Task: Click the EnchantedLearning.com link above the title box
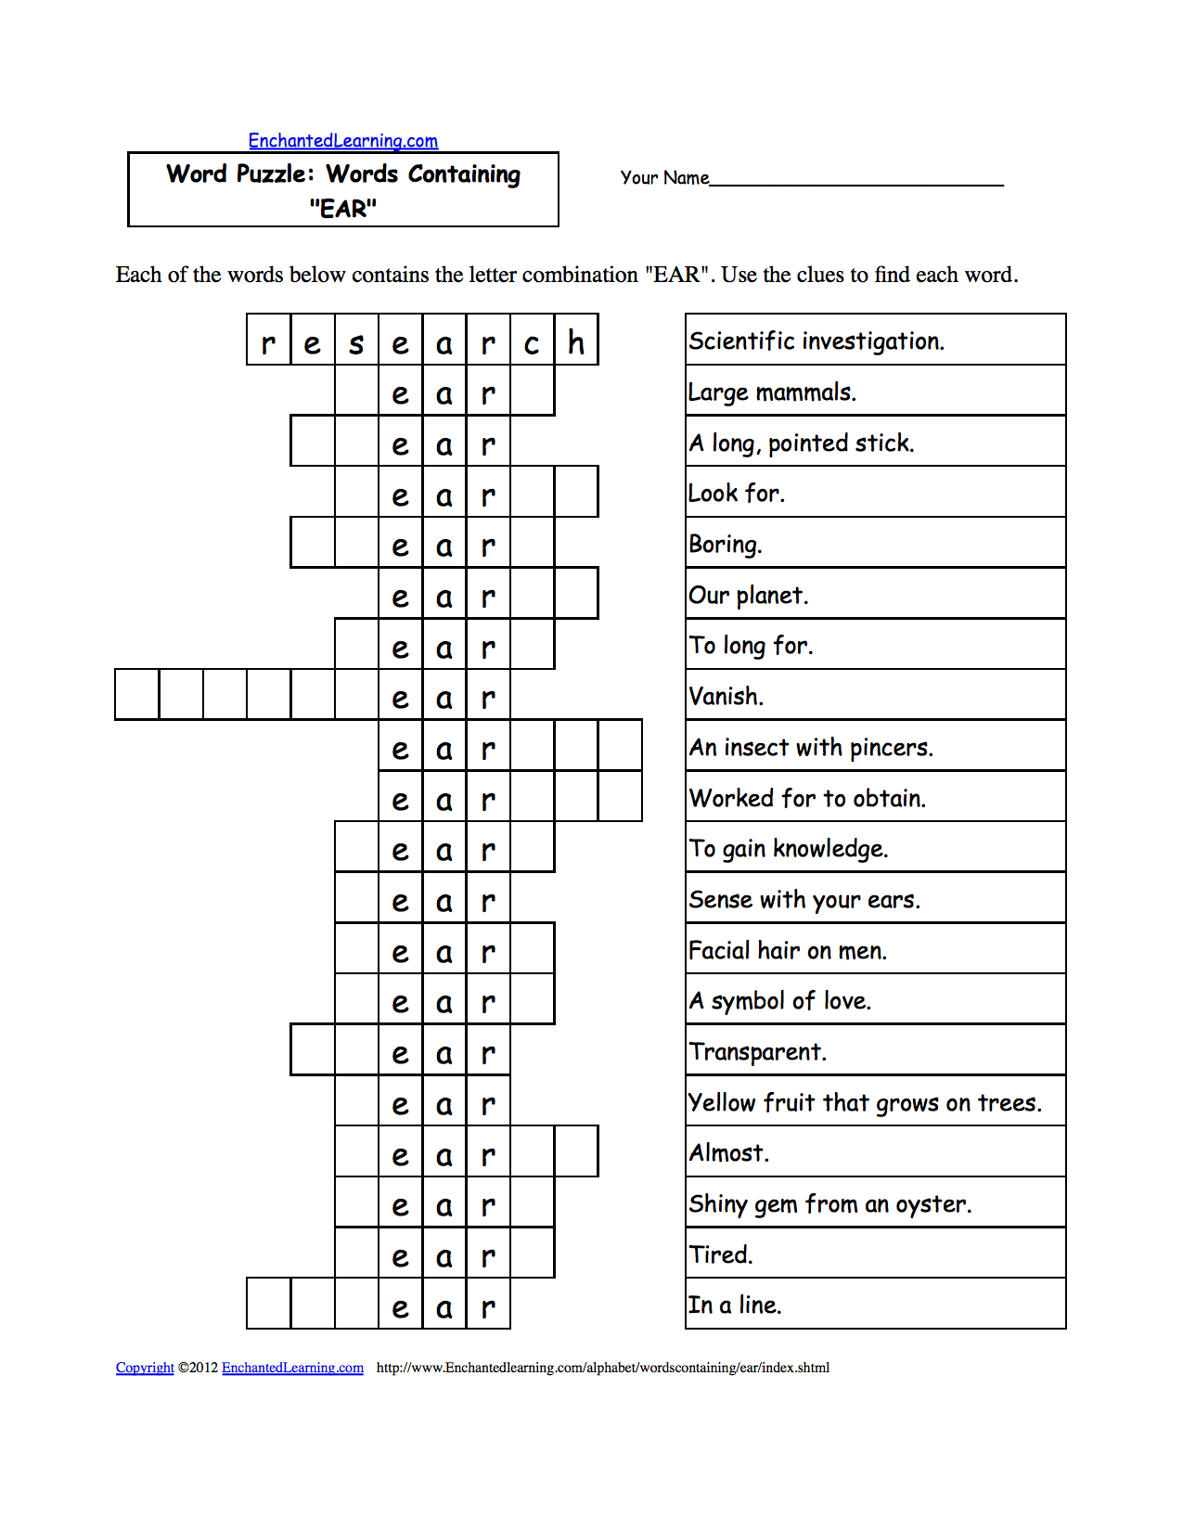click(342, 141)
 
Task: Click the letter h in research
click(576, 341)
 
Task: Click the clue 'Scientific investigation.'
click(817, 341)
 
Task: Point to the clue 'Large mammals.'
click(772, 392)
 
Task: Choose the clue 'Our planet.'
click(748, 595)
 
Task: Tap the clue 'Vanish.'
click(726, 697)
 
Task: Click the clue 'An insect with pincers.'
click(811, 747)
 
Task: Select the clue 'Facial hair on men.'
click(788, 950)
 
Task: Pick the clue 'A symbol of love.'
click(780, 1001)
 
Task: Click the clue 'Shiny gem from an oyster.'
click(830, 1204)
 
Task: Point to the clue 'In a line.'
click(735, 1305)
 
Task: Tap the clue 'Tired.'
click(721, 1254)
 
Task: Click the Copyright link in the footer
click(145, 1368)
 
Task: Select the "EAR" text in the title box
click(343, 209)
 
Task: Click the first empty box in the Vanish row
click(137, 695)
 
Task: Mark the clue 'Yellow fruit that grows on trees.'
click(865, 1102)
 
